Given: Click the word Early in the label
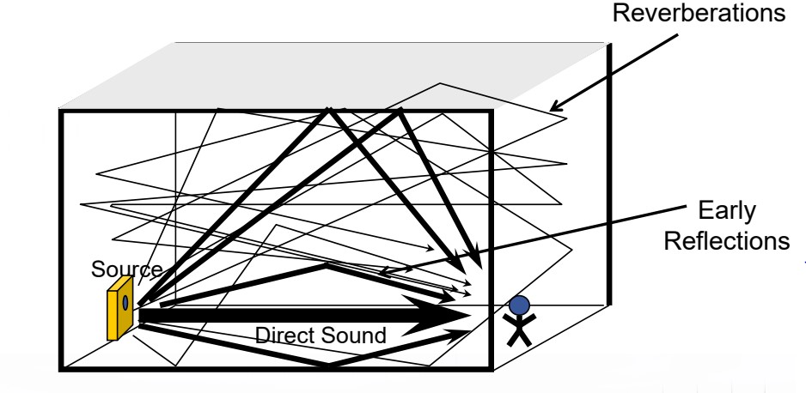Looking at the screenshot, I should pyautogui.click(x=731, y=212).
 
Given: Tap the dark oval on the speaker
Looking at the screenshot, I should pyautogui.click(x=125, y=302).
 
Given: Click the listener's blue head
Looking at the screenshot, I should pyautogui.click(x=518, y=305).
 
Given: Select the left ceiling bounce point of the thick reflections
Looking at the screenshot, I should pyautogui.click(x=328, y=111).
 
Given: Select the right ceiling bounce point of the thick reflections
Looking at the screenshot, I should pyautogui.click(x=402, y=111).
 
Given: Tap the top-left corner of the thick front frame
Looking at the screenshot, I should pyautogui.click(x=60, y=110).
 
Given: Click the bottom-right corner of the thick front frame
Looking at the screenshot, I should pyautogui.click(x=491, y=370).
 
